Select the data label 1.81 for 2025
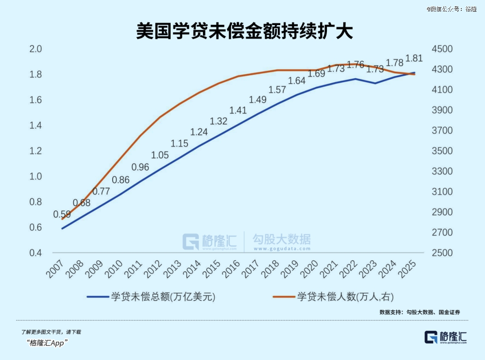(414, 58)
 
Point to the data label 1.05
(160, 155)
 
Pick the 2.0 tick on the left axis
(35, 49)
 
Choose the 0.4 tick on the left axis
(35, 253)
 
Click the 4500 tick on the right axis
(442, 49)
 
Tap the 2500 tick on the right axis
(442, 253)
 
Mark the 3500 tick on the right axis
(442, 151)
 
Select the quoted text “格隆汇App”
(47, 343)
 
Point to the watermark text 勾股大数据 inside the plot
(281, 239)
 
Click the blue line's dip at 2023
(375, 83)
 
